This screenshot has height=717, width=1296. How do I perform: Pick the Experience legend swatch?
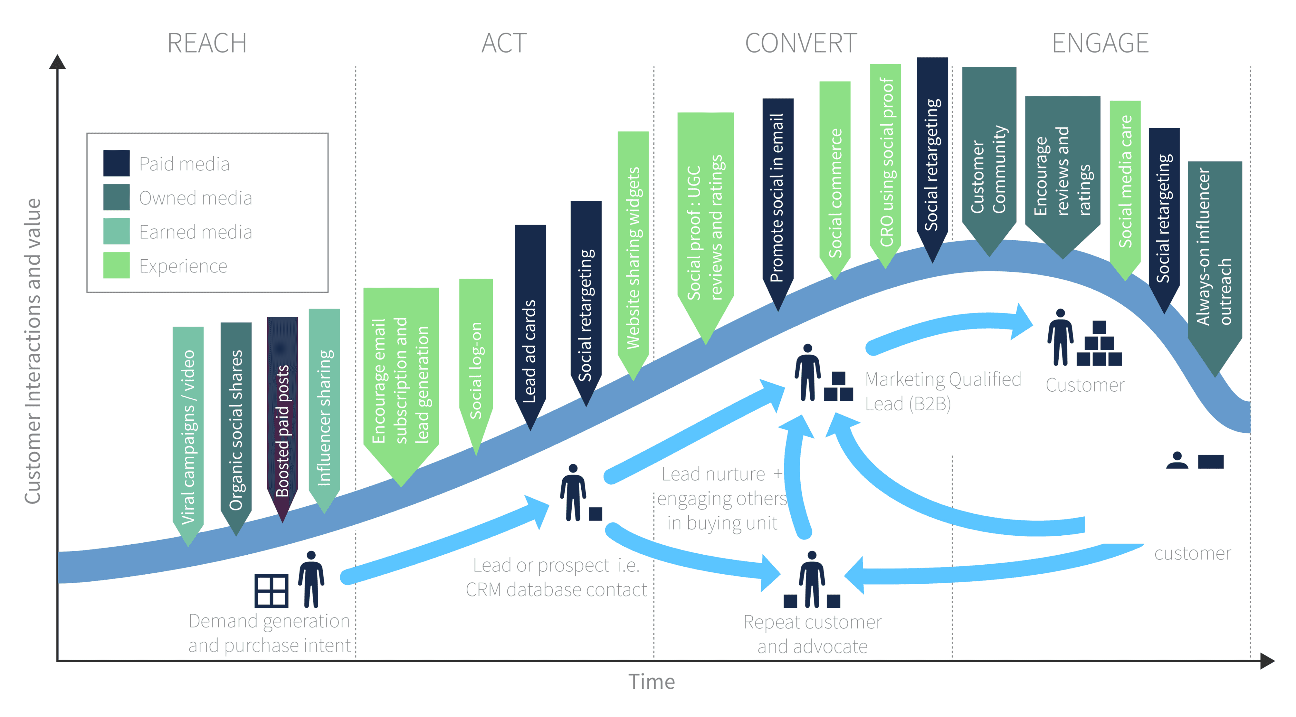(116, 265)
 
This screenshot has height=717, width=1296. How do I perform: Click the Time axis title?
(652, 682)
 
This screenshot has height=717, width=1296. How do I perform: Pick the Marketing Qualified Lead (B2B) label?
(942, 391)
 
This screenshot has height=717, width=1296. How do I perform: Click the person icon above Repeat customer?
(811, 579)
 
